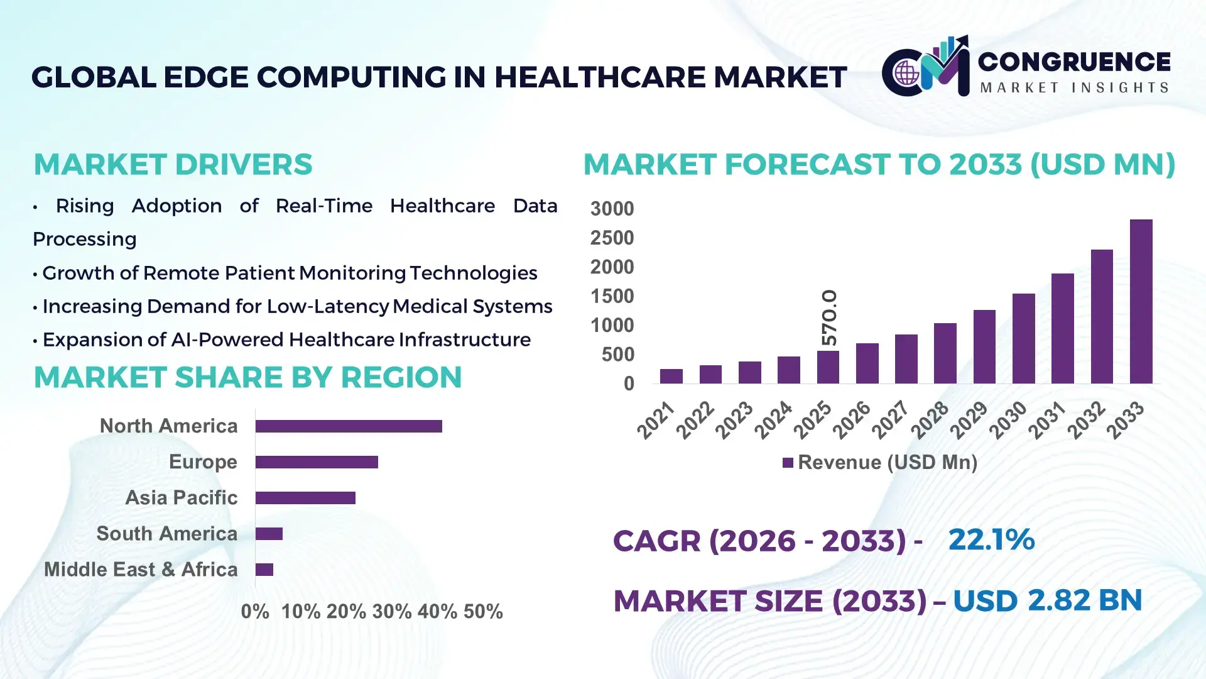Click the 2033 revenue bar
pos(1141,302)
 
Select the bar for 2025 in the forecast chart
pos(828,367)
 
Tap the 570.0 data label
pos(829,317)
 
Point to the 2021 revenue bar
pos(671,376)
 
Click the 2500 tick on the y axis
pos(612,238)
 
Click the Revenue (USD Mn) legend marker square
pos(788,463)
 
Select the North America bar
pos(349,426)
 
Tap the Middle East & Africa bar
pos(264,570)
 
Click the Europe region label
pos(203,462)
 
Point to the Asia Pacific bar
pos(305,498)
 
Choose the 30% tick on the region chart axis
pos(391,612)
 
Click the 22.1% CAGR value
pos(991,539)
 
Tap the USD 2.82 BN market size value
pos(1047,600)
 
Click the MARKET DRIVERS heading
pos(173,165)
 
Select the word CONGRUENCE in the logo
pos(1074,62)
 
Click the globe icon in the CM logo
pos(906,74)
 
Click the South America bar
pos(269,534)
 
